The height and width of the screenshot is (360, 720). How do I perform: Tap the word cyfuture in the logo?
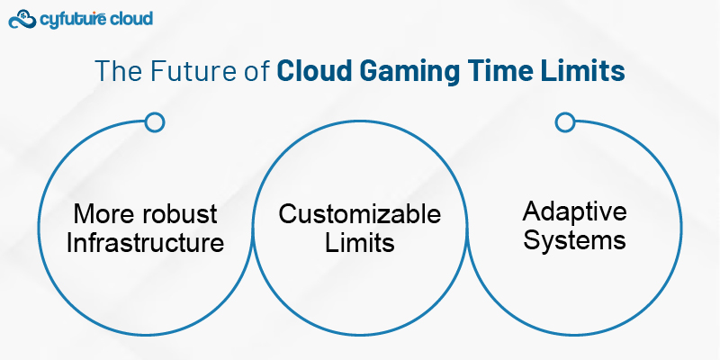75,19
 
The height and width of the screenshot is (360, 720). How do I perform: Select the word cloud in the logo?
131,18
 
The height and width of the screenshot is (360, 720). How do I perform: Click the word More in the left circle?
105,213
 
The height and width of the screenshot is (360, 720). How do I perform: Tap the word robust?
184,213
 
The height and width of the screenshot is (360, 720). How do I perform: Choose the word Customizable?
359,213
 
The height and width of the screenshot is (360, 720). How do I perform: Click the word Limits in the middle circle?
359,242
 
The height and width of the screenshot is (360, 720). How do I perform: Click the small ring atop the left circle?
154,121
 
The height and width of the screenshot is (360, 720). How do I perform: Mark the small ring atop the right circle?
564,121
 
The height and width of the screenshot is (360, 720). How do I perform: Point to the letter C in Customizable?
287,214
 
